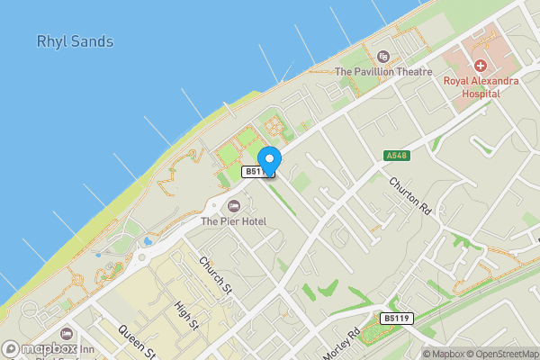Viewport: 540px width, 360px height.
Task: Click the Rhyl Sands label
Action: (75, 41)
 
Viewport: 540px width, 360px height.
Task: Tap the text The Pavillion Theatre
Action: (383, 71)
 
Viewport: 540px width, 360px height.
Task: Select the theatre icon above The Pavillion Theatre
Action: (384, 57)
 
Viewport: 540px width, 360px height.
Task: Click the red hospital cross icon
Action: (481, 65)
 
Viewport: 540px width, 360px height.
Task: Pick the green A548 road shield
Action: (397, 156)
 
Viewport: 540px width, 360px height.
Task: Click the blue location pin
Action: (270, 158)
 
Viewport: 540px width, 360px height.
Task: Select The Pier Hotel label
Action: (233, 221)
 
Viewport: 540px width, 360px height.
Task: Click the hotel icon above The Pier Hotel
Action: (234, 206)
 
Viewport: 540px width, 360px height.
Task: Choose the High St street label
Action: (186, 315)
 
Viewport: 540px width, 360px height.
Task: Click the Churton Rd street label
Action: (411, 194)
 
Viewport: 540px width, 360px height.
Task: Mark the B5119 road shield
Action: (395, 318)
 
